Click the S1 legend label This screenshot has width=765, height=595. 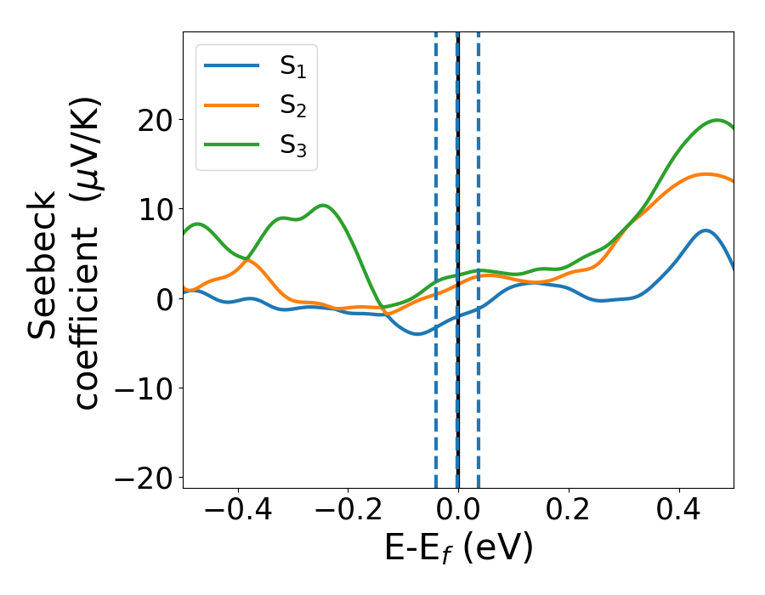coord(293,67)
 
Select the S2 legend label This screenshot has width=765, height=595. coord(293,105)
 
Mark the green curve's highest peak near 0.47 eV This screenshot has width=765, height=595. coord(719,120)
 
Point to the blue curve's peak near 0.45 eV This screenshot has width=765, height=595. coord(705,230)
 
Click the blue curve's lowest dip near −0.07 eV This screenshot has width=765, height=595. coord(417,334)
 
